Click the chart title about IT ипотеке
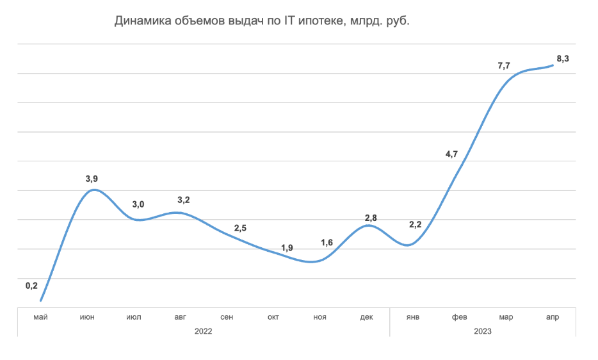click(x=262, y=21)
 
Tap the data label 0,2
click(x=31, y=286)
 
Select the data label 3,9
click(x=92, y=179)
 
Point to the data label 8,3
click(x=563, y=58)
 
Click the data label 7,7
click(x=504, y=66)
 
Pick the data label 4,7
click(x=451, y=154)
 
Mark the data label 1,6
click(x=327, y=242)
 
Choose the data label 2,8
click(x=371, y=218)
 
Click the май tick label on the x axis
click(x=41, y=317)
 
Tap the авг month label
click(x=181, y=317)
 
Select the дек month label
click(x=366, y=317)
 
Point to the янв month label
click(x=413, y=317)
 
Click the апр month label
click(x=553, y=317)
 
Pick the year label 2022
click(x=203, y=331)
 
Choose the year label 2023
click(x=483, y=331)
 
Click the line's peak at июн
click(x=94, y=190)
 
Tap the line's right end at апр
click(x=553, y=65)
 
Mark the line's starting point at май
click(x=40, y=300)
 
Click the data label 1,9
click(x=287, y=248)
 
